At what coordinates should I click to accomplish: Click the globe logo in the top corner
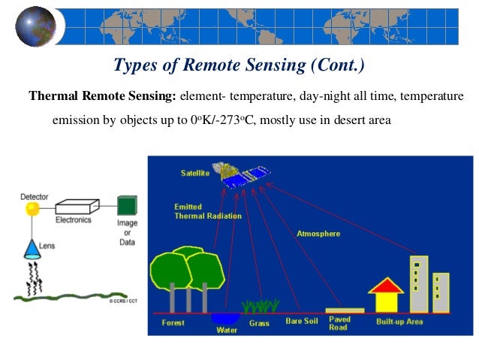click(x=35, y=26)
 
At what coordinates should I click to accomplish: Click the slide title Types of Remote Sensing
click(x=238, y=67)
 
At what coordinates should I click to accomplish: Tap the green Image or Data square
click(x=127, y=205)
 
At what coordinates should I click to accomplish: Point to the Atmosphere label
click(x=318, y=234)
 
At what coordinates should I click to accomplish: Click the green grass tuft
click(x=260, y=306)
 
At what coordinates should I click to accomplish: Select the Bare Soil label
click(x=302, y=322)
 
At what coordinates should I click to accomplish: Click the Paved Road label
click(x=340, y=324)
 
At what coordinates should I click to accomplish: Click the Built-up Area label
click(x=399, y=322)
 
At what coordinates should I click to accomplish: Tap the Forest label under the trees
click(x=173, y=323)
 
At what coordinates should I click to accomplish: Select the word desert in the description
click(x=345, y=119)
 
